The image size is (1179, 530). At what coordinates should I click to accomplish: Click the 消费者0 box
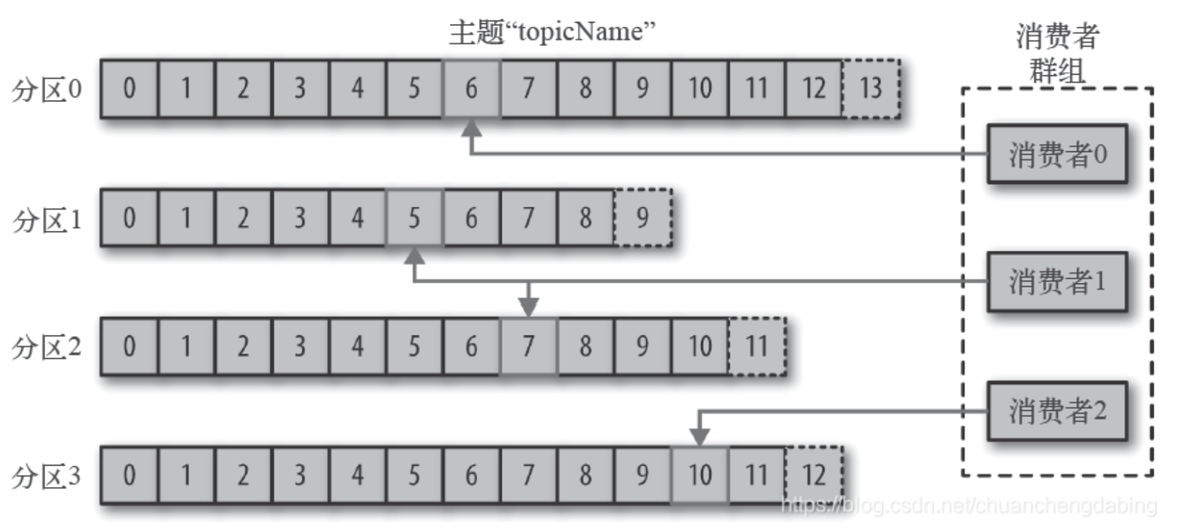point(1056,154)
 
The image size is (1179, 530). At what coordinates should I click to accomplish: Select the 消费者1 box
point(1056,281)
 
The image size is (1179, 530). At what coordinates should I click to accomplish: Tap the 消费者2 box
point(1056,411)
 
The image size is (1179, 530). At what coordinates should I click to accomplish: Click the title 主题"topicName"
point(552,31)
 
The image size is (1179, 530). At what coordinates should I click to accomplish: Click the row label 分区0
point(47,89)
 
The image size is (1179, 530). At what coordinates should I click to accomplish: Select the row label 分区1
point(47,219)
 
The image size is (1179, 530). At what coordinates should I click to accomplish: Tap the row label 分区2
point(47,347)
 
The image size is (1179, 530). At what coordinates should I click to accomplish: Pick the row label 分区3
point(47,476)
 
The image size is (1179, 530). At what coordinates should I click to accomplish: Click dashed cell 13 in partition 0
point(871,89)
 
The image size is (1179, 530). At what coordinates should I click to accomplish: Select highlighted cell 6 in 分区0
point(471,89)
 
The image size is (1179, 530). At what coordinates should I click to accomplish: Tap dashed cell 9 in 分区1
point(642,218)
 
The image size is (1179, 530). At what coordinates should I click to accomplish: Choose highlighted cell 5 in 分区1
point(414,218)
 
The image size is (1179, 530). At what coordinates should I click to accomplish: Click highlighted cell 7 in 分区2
point(528,346)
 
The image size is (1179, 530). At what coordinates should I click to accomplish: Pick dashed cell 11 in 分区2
point(757,346)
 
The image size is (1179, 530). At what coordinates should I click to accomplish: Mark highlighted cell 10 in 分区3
point(700,475)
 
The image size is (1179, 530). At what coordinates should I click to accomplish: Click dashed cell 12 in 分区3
point(813,475)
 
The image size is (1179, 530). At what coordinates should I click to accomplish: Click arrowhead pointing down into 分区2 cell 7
point(528,307)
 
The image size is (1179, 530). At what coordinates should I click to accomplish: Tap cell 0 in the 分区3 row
point(129,475)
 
